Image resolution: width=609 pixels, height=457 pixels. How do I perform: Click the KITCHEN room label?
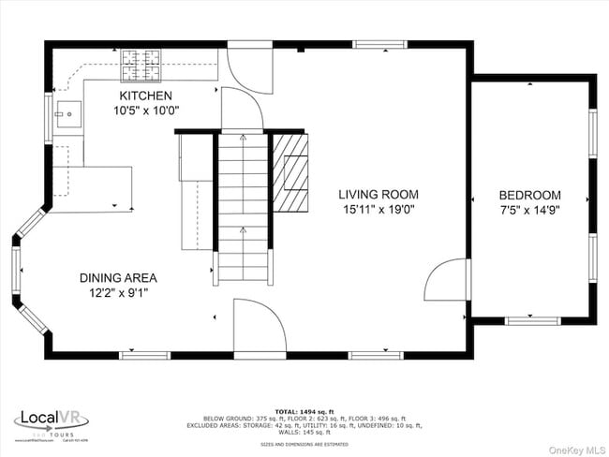145,96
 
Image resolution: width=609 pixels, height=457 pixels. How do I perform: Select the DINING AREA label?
117,277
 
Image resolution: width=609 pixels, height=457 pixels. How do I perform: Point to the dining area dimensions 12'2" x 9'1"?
117,292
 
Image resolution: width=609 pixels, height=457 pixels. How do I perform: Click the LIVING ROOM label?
379,195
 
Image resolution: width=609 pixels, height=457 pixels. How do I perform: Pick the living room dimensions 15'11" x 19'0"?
379,210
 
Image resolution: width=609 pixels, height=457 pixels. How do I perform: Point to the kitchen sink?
66,114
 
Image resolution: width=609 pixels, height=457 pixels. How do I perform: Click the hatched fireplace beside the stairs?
290,170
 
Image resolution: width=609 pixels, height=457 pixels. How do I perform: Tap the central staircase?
244,206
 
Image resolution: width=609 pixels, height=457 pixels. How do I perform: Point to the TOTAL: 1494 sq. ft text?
304,411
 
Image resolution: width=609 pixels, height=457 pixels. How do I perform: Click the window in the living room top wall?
380,43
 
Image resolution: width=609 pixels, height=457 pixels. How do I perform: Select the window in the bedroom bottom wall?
532,321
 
